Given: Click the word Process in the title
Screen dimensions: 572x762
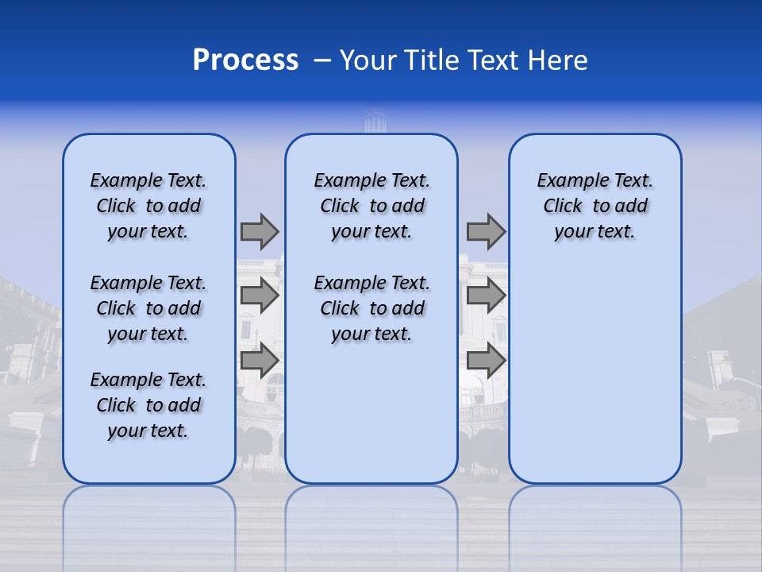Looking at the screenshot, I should click(245, 60).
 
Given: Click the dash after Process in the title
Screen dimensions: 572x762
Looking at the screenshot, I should click(322, 61).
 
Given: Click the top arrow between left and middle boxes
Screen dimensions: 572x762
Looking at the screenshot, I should click(260, 231).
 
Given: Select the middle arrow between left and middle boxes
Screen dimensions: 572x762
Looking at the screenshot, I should click(260, 296).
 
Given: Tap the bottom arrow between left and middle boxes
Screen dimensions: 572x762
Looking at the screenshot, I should click(260, 360).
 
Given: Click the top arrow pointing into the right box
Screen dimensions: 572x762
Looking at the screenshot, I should click(486, 231).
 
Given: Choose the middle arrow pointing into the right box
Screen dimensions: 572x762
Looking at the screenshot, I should click(486, 296).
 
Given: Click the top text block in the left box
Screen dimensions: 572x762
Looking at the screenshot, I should click(148, 206).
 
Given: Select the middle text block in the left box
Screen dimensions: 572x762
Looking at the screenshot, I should click(148, 308).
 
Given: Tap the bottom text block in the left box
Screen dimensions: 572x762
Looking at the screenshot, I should click(148, 405).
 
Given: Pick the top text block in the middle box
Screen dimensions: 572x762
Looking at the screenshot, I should click(371, 206).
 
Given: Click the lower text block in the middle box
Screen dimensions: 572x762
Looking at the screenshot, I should click(371, 308).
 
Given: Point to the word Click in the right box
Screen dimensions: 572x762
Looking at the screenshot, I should click(563, 206).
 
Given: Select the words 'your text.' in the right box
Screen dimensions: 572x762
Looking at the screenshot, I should click(595, 231).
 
